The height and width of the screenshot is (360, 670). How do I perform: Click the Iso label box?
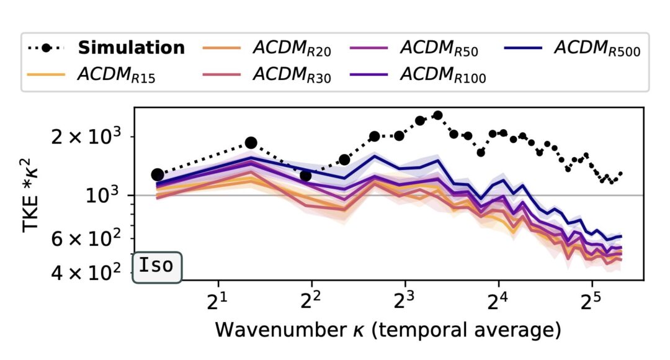tap(157, 266)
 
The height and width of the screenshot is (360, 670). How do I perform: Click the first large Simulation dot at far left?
tap(158, 175)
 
